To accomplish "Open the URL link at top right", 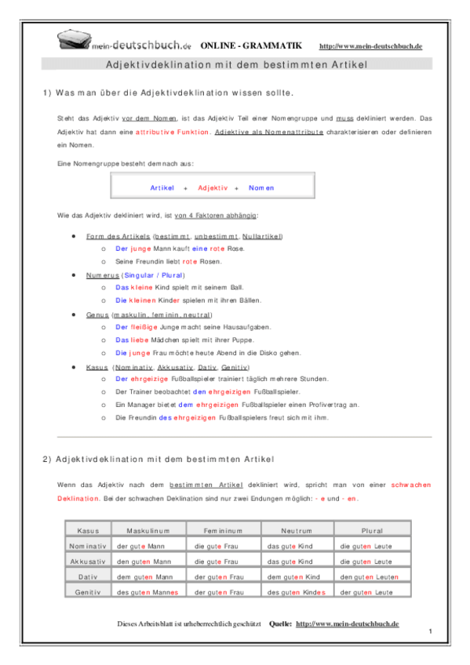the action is (371, 47).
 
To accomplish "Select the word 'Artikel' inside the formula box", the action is (162, 188).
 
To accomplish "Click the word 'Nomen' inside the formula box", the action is (261, 188).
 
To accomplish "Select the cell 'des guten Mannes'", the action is (147, 592).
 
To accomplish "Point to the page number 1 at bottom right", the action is (432, 630).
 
